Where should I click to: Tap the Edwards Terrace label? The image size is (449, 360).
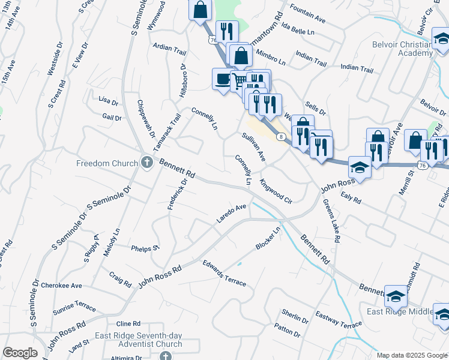pos(224,272)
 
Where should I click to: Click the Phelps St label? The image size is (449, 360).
pos(145,247)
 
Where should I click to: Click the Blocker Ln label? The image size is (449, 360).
pos(268,238)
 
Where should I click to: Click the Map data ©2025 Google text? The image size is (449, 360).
pos(412,355)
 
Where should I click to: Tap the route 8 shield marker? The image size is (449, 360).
pos(280,137)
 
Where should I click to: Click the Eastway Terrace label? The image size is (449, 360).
pos(339,318)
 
